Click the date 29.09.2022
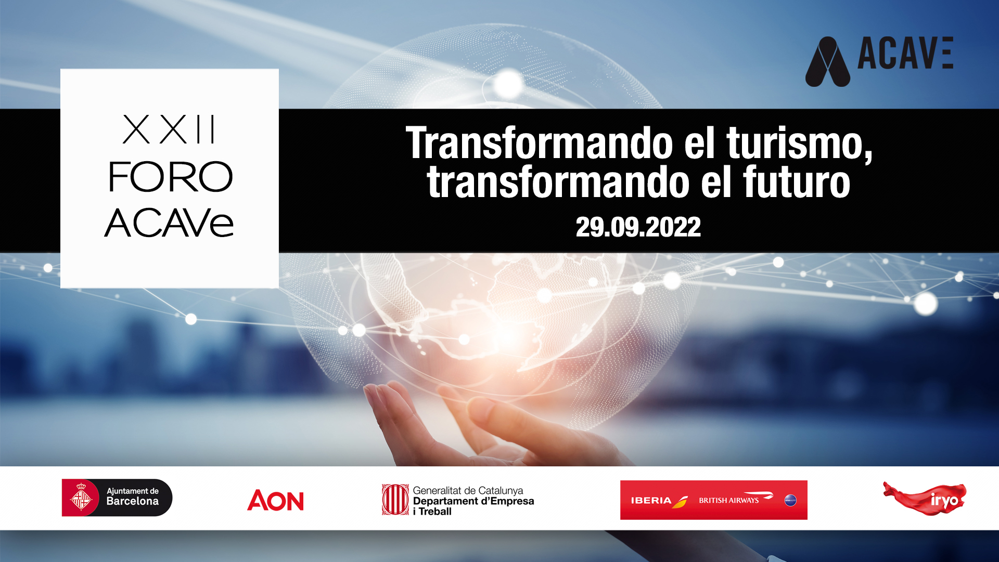[x=638, y=227]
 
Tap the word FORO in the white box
[x=170, y=177]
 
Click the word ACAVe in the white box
[x=169, y=223]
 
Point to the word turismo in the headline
[x=799, y=143]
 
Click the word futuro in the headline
[x=797, y=182]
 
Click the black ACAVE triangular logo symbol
[x=828, y=61]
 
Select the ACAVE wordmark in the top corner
[x=905, y=53]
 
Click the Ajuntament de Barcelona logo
[x=117, y=498]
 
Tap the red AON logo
[x=275, y=500]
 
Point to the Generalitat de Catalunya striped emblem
[x=395, y=500]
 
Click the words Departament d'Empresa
[x=473, y=501]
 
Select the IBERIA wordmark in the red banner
[x=651, y=501]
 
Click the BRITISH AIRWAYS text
[x=728, y=501]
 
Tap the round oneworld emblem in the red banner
[x=790, y=501]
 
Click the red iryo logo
[x=925, y=499]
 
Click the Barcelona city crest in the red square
[x=81, y=498]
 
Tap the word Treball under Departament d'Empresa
[x=435, y=512]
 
